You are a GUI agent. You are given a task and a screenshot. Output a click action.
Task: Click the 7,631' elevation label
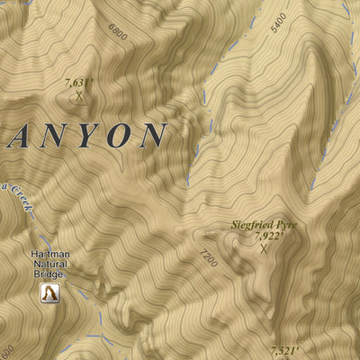80,82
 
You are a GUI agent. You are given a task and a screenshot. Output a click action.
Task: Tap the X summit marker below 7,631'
79,94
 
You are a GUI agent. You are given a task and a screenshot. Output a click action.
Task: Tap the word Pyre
289,224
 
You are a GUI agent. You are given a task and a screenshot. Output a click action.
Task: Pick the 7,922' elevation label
269,237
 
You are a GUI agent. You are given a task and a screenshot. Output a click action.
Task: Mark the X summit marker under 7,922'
264,249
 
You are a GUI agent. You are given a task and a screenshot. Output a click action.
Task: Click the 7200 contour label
210,261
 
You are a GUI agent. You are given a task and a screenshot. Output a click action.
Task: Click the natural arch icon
50,292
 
